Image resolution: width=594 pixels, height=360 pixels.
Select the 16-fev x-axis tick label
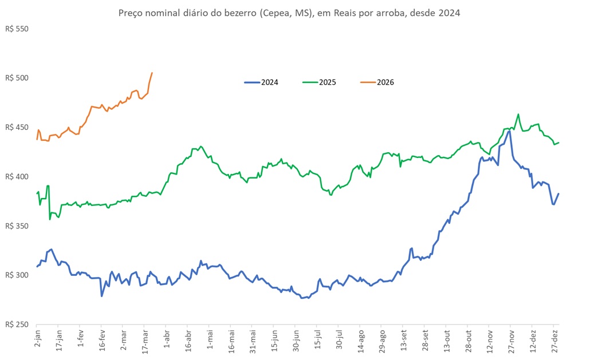(x=102, y=342)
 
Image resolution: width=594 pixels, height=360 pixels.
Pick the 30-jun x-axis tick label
(x=296, y=342)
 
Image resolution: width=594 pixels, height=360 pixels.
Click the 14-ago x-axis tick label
(x=361, y=342)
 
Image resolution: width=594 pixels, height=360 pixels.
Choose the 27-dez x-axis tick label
(x=555, y=342)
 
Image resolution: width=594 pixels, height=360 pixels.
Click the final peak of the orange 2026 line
(x=152, y=73)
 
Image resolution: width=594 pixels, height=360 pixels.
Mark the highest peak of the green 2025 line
(x=518, y=114)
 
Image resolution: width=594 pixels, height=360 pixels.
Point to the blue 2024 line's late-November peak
(x=509, y=131)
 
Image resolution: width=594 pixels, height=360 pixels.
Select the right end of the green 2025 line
(x=559, y=143)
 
